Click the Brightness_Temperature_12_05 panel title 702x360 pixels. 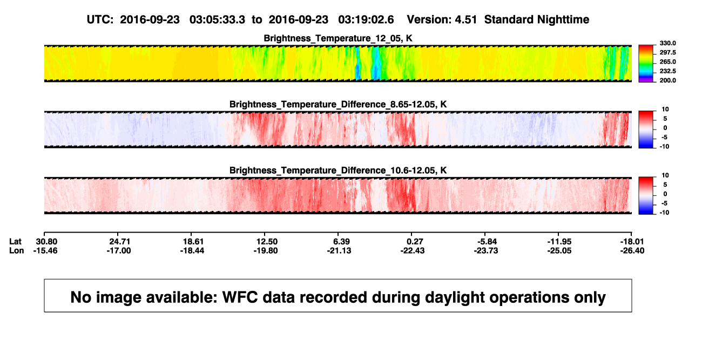click(338, 38)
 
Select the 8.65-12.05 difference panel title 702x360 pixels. click(338, 104)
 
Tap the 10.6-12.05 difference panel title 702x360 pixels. click(338, 171)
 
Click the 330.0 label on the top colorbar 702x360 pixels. click(667, 43)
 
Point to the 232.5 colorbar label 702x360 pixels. click(667, 71)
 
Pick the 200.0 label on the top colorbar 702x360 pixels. click(667, 80)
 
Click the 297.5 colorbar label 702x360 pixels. click(667, 53)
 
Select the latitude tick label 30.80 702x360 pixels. click(46, 242)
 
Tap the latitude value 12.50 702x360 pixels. click(267, 242)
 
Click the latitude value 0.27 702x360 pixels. click(415, 242)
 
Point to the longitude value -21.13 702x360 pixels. click(339, 250)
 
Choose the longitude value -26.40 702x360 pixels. click(632, 250)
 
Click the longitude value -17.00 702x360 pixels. click(119, 250)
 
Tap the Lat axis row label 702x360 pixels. click(15, 242)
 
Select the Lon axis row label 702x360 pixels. click(16, 250)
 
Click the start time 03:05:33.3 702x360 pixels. click(217, 20)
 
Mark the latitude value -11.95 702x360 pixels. click(559, 242)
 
